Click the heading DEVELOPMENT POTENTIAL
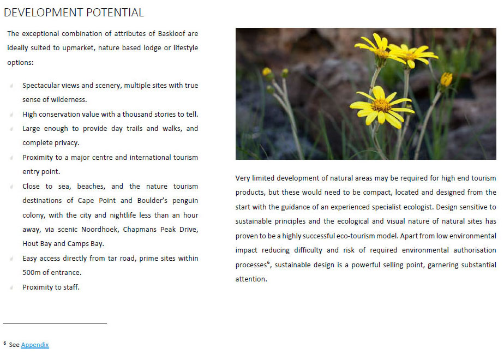click(74, 12)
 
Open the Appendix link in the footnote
click(35, 345)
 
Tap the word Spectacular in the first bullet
click(41, 86)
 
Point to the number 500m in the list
click(32, 272)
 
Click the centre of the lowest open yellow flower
click(381, 105)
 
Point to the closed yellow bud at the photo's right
click(446, 80)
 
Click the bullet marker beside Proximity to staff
click(12, 287)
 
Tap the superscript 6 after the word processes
click(269, 263)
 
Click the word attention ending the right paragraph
click(250, 279)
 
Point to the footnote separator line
click(55, 323)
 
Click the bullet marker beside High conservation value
click(12, 115)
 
